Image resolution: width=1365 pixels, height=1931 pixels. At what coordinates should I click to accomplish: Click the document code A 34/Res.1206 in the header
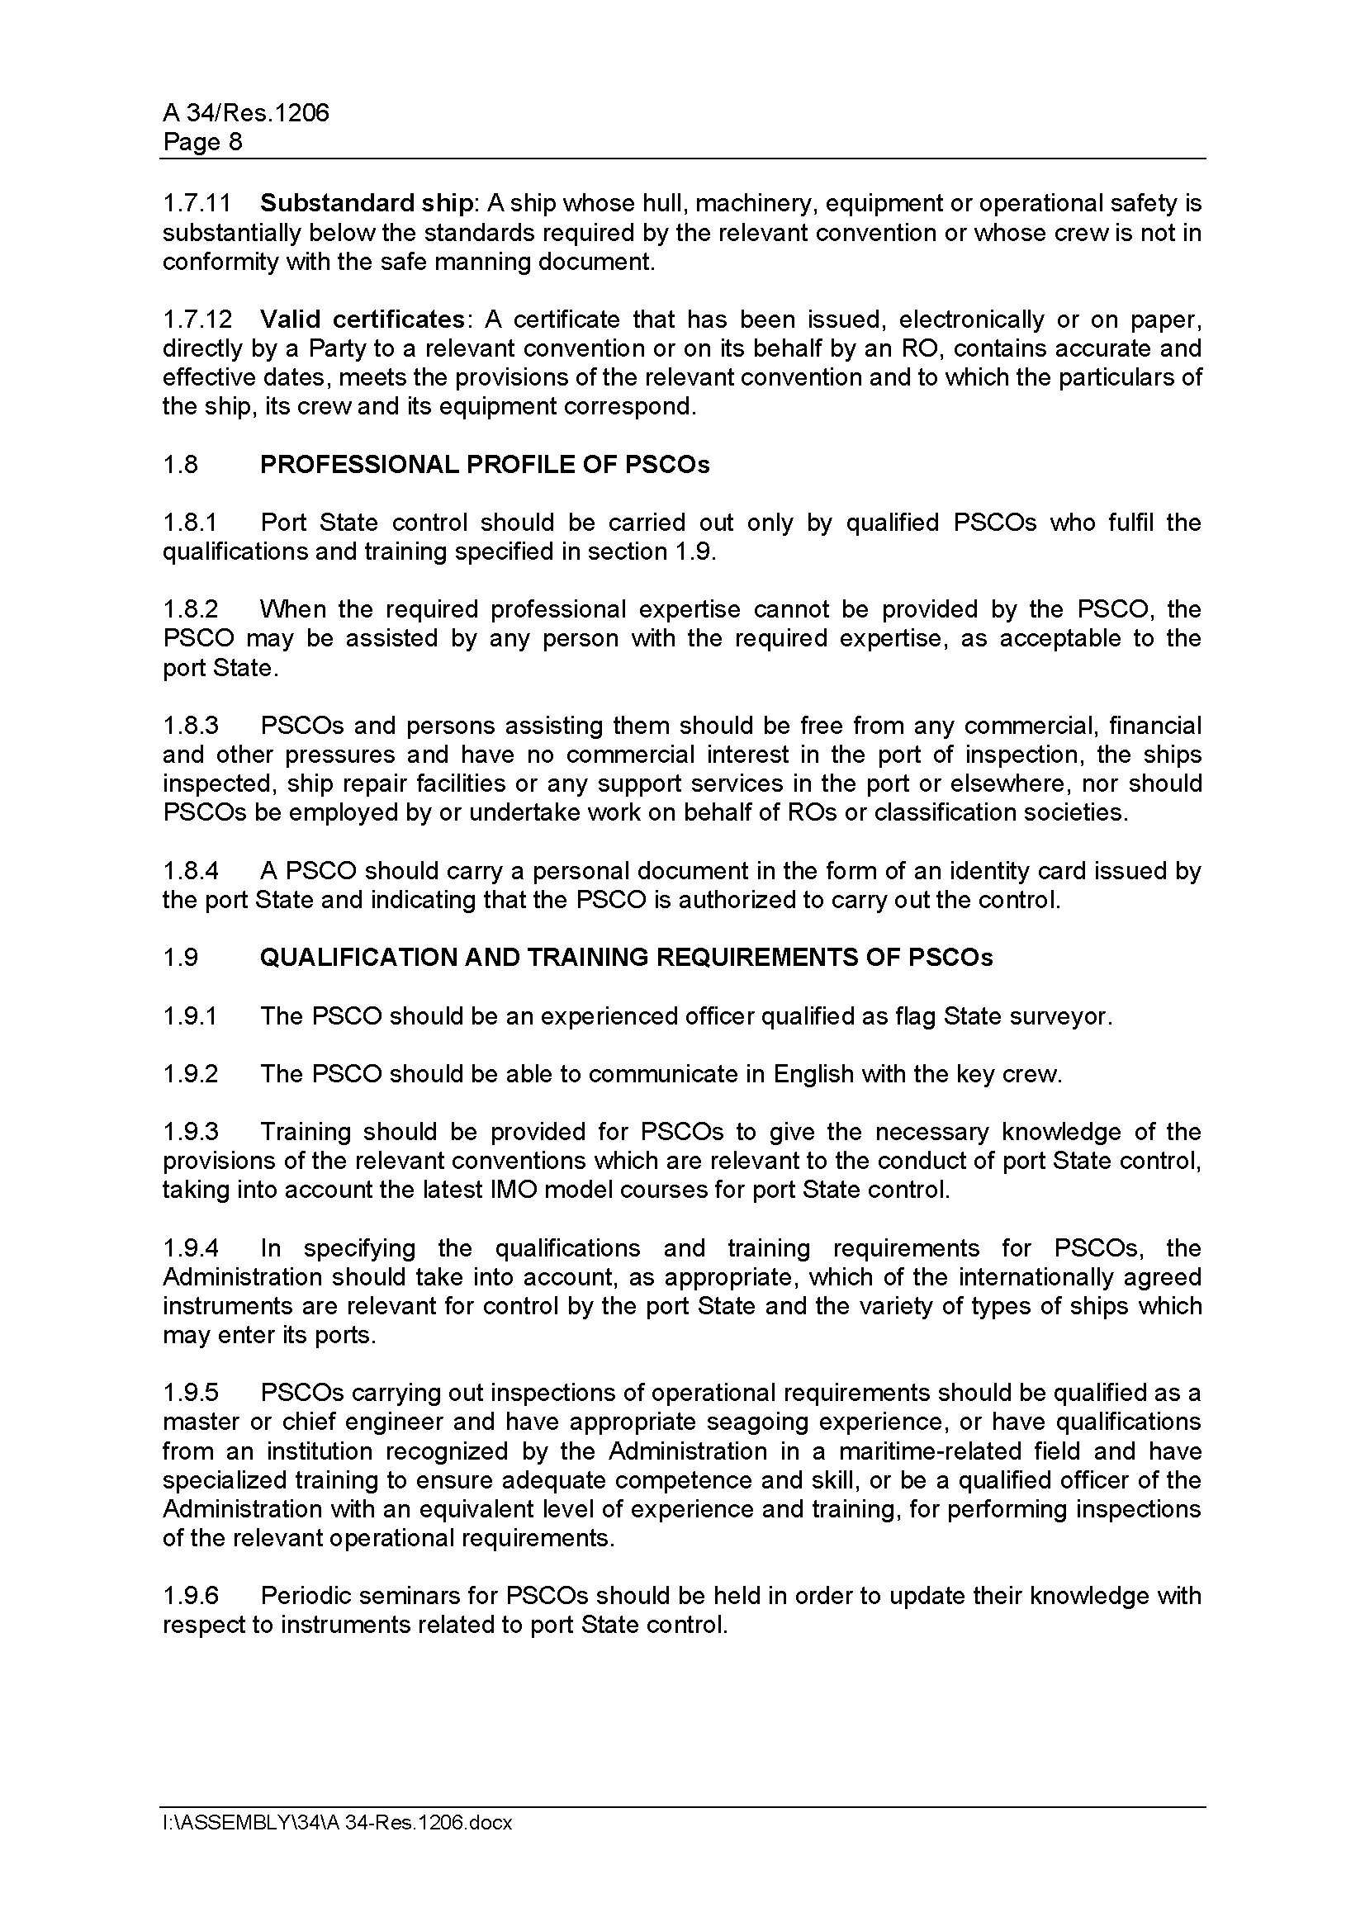(x=245, y=113)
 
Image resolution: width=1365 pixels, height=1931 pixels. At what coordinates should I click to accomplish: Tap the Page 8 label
(x=202, y=142)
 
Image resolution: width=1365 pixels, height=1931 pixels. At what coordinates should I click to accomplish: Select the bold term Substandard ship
(x=367, y=204)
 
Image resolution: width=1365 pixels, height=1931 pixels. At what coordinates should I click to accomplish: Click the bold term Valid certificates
(x=362, y=319)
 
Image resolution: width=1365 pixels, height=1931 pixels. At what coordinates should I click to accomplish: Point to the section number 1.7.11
(x=197, y=204)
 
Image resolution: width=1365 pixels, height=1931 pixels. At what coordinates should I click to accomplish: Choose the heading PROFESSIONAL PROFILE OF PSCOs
(x=485, y=464)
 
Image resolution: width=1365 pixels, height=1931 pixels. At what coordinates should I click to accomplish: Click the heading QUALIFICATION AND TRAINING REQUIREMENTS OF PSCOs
(x=626, y=957)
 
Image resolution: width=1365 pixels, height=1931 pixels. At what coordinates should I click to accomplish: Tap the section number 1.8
(x=180, y=464)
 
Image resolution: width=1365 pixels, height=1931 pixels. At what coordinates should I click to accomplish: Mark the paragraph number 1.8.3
(x=190, y=725)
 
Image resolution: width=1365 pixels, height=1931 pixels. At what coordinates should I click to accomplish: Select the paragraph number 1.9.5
(x=190, y=1393)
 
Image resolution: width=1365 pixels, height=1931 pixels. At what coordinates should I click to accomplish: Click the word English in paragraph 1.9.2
(x=813, y=1074)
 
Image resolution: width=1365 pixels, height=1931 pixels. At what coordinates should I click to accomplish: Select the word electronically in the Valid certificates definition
(x=969, y=319)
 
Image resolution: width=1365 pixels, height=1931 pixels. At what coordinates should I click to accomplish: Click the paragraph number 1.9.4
(x=190, y=1248)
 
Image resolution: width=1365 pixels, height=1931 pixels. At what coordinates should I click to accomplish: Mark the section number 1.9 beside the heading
(x=180, y=957)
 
